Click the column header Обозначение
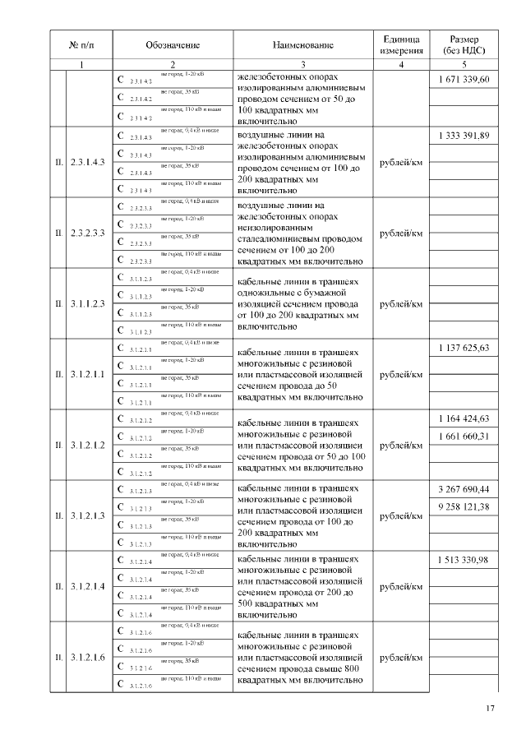(173, 45)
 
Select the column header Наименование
(303, 45)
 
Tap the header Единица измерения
(401, 45)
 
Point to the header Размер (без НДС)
(465, 45)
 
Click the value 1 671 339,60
(465, 80)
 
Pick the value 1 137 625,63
(465, 348)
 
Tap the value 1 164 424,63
(465, 418)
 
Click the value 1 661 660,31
(465, 436)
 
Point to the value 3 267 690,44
(465, 489)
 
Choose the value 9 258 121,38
(465, 506)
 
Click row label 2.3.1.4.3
(87, 162)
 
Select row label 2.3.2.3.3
(87, 233)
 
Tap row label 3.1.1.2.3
(87, 303)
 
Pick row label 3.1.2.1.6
(87, 658)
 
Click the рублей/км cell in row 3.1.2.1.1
(401, 374)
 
